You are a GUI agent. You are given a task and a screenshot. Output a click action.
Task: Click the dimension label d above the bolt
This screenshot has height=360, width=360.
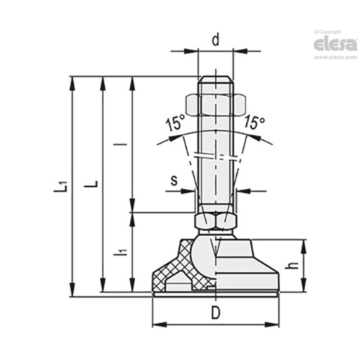(216, 40)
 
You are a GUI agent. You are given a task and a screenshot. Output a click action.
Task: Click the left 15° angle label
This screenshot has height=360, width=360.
(175, 124)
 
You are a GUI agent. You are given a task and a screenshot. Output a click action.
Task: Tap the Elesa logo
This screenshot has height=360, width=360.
(335, 44)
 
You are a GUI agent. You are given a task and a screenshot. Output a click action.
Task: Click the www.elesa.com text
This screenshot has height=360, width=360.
(335, 58)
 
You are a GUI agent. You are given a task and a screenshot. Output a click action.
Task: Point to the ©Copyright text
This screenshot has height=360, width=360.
(327, 32)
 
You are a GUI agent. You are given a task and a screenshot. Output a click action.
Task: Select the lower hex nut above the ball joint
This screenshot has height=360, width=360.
(216, 221)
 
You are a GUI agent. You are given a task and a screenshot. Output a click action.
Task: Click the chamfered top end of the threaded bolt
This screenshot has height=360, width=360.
(216, 79)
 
